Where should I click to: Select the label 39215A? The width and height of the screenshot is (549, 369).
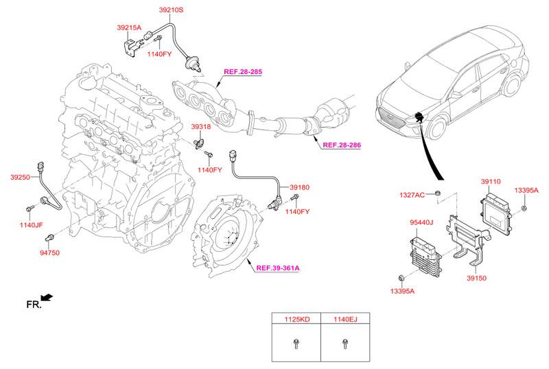click(x=128, y=27)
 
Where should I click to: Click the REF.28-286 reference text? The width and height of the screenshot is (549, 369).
click(x=341, y=145)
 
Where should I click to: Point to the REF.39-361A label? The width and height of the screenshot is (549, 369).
click(x=278, y=268)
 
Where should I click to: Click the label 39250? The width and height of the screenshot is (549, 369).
click(x=20, y=177)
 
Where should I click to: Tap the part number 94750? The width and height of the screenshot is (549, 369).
click(x=49, y=253)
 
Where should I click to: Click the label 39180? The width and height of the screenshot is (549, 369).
click(x=299, y=187)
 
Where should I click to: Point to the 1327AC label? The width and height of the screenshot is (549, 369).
click(x=412, y=195)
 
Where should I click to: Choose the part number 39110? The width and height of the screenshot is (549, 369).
click(x=490, y=182)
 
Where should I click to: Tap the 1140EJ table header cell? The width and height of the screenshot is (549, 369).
click(x=344, y=319)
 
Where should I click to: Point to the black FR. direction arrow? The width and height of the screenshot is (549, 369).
click(x=47, y=297)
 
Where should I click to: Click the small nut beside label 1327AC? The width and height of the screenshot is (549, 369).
click(x=438, y=195)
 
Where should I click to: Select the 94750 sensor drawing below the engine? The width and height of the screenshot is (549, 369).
click(x=49, y=237)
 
